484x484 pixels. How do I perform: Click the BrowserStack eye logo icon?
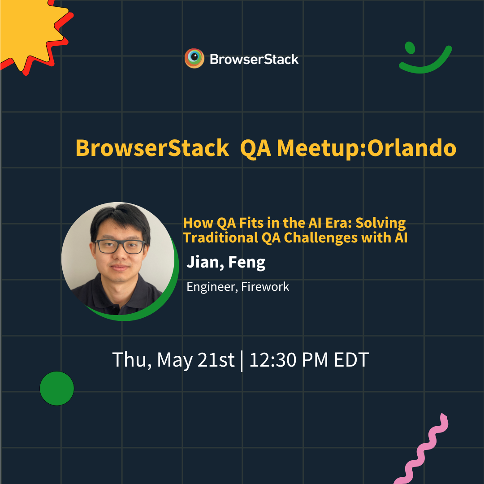194,58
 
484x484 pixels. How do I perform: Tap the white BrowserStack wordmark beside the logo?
254,59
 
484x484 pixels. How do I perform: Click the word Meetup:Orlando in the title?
367,148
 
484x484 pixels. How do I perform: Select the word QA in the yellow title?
255,149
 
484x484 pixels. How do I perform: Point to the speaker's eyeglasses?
120,246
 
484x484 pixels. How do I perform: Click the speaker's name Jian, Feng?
226,262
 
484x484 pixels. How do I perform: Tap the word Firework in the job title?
265,287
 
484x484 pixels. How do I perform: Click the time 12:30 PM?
289,359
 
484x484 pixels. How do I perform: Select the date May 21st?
196,360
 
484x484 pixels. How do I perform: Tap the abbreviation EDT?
352,359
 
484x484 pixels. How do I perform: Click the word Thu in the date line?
132,360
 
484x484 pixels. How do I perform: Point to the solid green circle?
57,388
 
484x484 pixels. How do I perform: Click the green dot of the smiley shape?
410,48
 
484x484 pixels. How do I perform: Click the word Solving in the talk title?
380,223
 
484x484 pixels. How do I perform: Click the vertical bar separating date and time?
242,361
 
